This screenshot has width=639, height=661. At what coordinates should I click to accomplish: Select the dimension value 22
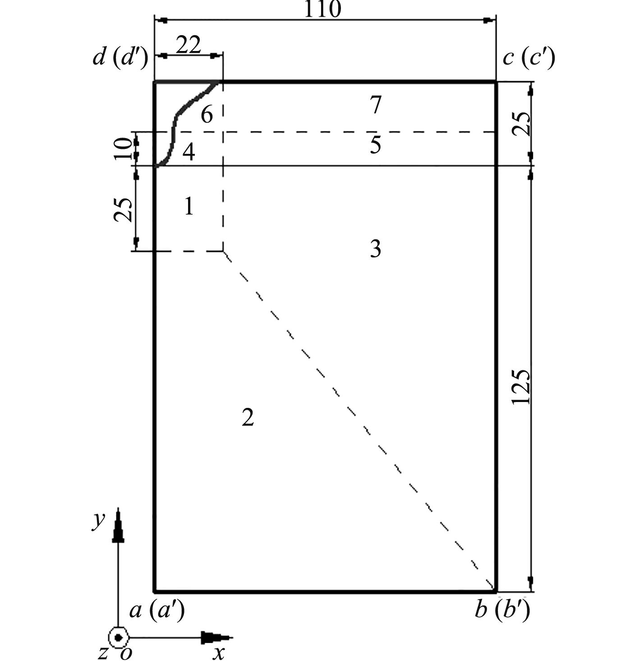coord(188,45)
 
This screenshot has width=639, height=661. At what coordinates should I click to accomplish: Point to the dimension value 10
coord(123,149)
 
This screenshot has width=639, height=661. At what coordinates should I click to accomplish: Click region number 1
coord(189,207)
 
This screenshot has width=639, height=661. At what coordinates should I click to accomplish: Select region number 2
coord(248,417)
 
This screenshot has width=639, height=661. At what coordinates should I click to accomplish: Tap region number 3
coord(375,249)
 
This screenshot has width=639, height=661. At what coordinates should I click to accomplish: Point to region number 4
coord(189,153)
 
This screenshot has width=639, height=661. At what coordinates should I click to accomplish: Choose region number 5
coord(375,145)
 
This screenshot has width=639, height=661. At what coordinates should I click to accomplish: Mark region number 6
coord(207,115)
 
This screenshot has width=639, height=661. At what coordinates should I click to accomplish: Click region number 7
coord(375,106)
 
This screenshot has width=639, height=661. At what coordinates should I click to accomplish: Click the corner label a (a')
coord(157,611)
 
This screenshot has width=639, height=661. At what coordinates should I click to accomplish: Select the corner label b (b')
coord(502,611)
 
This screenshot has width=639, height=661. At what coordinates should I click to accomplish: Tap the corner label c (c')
coord(529,59)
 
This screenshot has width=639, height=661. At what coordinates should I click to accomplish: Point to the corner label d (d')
coord(120,59)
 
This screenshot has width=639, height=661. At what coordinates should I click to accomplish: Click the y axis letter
coord(98,520)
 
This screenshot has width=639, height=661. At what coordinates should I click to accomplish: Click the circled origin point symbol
coord(118,638)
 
